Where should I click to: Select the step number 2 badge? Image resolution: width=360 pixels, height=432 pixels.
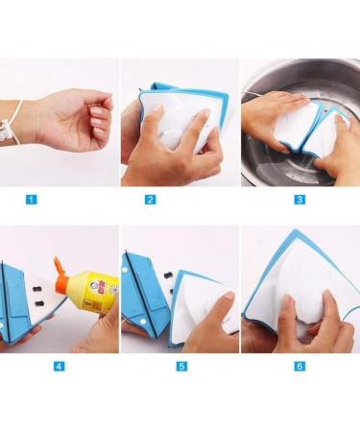coord(150,200)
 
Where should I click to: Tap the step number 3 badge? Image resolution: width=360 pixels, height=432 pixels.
coord(272,200)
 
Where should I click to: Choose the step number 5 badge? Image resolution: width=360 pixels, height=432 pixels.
coord(150,366)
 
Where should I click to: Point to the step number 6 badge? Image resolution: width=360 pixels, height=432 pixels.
coord(272,366)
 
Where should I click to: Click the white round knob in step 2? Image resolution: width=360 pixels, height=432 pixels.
coord(176,137)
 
